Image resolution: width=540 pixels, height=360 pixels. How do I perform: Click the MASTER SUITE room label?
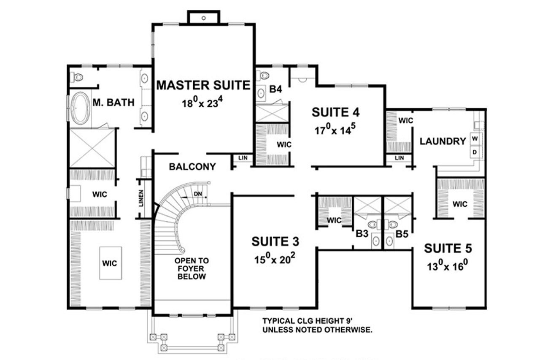(x=203, y=85)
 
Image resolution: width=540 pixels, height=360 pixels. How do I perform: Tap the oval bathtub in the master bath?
(x=80, y=108)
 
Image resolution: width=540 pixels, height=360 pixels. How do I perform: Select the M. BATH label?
(x=113, y=102)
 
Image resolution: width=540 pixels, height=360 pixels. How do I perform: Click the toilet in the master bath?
(x=77, y=77)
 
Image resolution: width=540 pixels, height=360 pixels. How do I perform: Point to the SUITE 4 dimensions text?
(x=336, y=130)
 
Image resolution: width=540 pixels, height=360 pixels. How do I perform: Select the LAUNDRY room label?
(x=443, y=141)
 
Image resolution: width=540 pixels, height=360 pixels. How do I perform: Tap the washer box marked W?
(x=475, y=138)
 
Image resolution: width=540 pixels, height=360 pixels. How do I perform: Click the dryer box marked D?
(x=475, y=152)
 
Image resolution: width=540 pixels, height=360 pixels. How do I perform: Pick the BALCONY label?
(x=192, y=167)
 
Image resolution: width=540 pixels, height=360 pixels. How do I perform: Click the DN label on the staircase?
(x=198, y=194)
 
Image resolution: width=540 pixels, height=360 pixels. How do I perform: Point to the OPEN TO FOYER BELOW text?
(x=192, y=269)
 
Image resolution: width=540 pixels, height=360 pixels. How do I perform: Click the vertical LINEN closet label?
(x=141, y=199)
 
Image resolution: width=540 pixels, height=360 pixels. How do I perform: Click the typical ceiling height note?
(x=317, y=325)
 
